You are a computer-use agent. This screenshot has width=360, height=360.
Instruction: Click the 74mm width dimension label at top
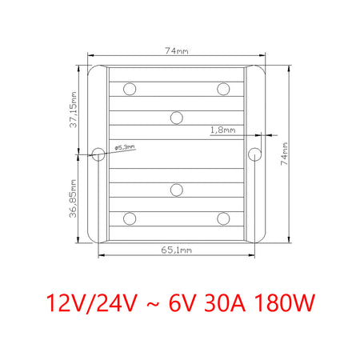tap(177, 50)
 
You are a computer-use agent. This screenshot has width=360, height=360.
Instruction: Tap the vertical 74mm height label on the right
tap(285, 154)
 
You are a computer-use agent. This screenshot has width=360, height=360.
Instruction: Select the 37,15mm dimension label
tap(74, 110)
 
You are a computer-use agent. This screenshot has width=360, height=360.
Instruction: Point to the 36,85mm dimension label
tap(74, 198)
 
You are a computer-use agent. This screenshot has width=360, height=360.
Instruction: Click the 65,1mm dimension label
tap(177, 250)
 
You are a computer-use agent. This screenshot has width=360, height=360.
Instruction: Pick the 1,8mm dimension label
tap(223, 130)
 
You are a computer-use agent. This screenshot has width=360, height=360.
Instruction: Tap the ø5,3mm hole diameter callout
tap(125, 147)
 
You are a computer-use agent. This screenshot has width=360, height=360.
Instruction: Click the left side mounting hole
tap(98, 154)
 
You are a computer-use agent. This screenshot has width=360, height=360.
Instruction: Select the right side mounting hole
tap(254, 154)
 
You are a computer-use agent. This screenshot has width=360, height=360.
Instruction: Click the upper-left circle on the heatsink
tap(130, 89)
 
